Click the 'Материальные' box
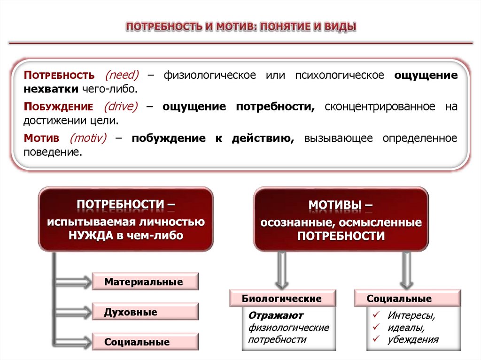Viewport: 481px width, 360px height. click(x=144, y=282)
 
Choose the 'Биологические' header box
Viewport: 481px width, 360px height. click(x=282, y=299)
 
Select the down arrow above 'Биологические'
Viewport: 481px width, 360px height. click(x=282, y=270)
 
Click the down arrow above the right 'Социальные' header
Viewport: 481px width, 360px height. click(x=406, y=270)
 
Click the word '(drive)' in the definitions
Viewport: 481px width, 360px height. click(x=121, y=107)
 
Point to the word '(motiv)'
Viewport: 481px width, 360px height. click(x=88, y=138)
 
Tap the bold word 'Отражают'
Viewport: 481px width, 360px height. click(x=276, y=315)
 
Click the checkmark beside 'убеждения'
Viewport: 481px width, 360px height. click(x=375, y=339)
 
